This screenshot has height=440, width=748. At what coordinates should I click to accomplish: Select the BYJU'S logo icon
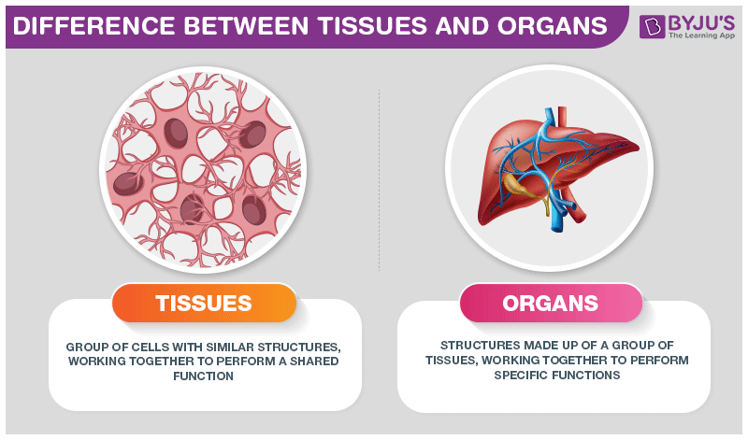tap(652, 26)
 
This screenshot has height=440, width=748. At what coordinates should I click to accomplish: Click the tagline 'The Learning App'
tap(702, 35)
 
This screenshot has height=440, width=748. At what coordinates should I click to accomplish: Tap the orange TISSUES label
tap(204, 304)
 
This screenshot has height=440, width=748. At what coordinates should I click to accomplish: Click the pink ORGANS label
tap(551, 304)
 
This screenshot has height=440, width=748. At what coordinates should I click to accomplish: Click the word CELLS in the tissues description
tap(150, 347)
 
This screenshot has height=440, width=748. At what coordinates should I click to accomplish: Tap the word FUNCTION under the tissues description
tap(203, 376)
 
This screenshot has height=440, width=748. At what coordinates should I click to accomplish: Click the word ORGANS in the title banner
tap(552, 26)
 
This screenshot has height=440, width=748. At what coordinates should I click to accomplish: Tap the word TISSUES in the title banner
tap(372, 26)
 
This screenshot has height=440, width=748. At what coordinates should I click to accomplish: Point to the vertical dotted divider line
tap(380, 180)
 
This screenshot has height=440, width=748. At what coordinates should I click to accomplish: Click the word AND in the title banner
tap(461, 26)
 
